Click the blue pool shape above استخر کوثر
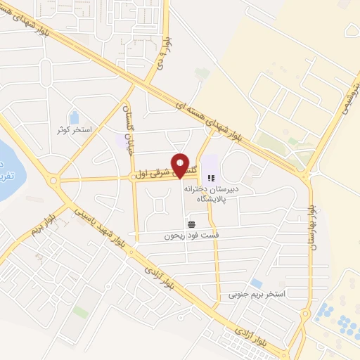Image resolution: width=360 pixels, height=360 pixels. click(75, 116)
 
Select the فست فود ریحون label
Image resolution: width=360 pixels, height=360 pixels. click(188, 236)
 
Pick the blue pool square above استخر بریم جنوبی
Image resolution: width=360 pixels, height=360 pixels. click(257, 283)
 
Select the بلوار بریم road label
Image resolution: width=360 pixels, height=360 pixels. click(46, 224)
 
